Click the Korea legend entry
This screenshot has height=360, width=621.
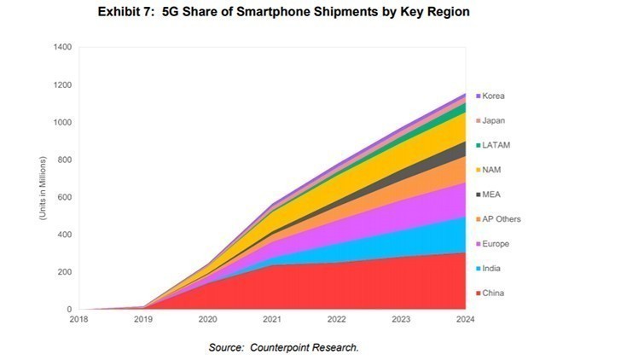(494, 96)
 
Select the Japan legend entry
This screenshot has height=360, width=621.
(494, 120)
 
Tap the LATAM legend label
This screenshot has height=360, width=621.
(496, 145)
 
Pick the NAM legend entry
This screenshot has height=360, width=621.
(492, 170)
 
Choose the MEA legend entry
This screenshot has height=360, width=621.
(492, 195)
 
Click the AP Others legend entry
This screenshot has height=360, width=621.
(501, 219)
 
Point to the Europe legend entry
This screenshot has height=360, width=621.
(496, 244)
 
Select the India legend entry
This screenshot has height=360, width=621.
(493, 269)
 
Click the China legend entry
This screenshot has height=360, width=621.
(494, 293)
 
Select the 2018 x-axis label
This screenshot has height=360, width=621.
(79, 320)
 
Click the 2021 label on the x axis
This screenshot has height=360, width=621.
(271, 320)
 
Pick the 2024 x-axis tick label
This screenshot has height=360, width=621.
(465, 320)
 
